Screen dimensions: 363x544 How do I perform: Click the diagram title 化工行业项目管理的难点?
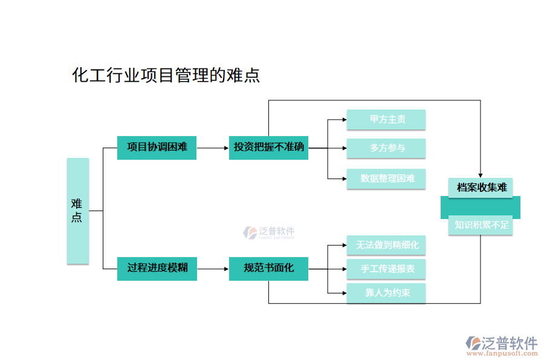pos(166,75)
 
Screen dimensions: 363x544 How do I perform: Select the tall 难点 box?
pos(77,211)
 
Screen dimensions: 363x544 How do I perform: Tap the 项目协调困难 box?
pos(157,148)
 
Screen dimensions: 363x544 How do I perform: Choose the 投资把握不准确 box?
pos(268,148)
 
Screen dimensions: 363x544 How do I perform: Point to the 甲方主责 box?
pos(386,119)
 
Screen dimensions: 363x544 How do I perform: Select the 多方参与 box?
pos(386,148)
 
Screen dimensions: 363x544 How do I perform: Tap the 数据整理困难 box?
pos(386,178)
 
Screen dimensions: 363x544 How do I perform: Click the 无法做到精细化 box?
pos(386,245)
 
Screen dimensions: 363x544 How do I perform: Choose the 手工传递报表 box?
pos(386,269)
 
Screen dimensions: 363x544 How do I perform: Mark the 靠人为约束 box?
pos(386,293)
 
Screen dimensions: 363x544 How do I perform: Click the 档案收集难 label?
pos(481,188)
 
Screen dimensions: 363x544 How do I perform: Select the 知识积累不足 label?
pos(481,226)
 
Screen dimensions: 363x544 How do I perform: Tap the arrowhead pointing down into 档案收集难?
pos(481,175)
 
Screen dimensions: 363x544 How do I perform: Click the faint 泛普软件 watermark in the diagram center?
pos(269,232)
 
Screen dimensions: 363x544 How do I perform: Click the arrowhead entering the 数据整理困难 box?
pos(343,178)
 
